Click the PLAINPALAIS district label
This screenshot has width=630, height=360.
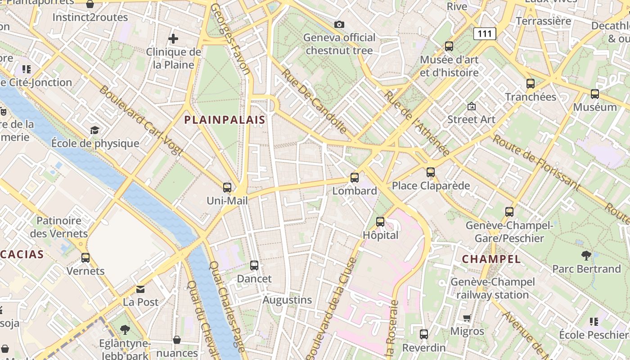(225, 120)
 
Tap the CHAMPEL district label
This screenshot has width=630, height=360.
(491, 259)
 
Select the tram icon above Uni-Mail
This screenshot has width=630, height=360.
(227, 188)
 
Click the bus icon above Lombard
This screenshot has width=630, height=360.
(355, 178)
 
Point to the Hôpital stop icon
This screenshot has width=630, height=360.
(380, 222)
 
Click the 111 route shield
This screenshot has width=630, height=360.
(485, 33)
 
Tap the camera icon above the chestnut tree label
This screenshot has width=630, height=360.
(339, 24)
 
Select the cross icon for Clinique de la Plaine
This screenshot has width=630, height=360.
(173, 39)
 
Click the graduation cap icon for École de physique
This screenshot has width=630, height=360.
(94, 130)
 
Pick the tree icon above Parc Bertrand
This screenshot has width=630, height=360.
(586, 256)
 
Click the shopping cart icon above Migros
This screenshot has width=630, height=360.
(467, 318)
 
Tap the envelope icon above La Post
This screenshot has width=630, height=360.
(141, 289)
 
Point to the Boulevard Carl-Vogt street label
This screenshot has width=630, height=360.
(140, 120)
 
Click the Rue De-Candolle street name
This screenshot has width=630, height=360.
(314, 101)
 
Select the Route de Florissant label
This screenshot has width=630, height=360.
(535, 163)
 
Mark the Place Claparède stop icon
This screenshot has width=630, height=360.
(431, 172)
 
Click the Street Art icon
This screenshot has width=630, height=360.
(471, 107)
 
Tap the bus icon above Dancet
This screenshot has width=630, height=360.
(254, 265)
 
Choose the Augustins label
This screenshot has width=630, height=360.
(287, 300)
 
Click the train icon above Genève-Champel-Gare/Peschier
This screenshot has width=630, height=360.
(509, 212)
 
